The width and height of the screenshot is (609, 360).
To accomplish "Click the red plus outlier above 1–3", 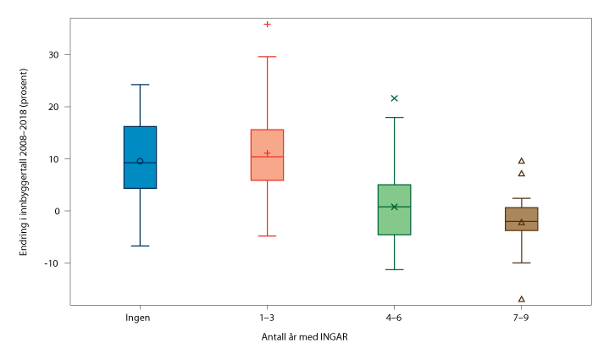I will point(267,24).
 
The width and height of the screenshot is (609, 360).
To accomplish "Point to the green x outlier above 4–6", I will point(394,98).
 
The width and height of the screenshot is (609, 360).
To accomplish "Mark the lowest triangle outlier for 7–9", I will point(521,299).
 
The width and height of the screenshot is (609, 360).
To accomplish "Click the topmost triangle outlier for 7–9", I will point(521,160).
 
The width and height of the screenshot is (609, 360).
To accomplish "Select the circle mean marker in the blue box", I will point(140,161).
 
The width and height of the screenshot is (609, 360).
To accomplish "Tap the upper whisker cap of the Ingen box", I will point(140,85).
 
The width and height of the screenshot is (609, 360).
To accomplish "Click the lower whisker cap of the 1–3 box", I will point(267,235).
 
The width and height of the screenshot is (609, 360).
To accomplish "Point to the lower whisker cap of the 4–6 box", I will point(394,269).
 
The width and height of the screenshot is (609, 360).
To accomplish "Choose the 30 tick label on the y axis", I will point(55,55).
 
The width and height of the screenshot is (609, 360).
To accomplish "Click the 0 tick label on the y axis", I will point(58,211).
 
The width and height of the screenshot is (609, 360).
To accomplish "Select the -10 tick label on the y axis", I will point(53,263).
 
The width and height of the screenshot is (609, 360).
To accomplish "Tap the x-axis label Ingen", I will point(140,318).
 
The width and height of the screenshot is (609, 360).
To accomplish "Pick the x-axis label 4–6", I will point(394,318).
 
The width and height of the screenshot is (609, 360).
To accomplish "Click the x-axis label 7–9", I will point(521,318).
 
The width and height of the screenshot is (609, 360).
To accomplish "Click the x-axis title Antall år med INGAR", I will point(305,337).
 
